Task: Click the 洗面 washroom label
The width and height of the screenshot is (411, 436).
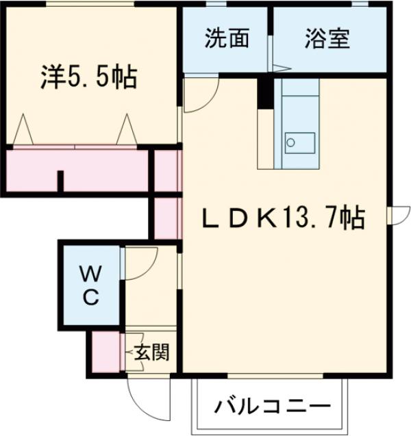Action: pyautogui.click(x=226, y=39)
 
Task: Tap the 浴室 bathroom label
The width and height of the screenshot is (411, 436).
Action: pyautogui.click(x=327, y=39)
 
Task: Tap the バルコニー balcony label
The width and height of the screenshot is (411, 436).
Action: pyautogui.click(x=267, y=407)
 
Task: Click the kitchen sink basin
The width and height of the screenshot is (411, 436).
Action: pyautogui.click(x=299, y=143)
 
